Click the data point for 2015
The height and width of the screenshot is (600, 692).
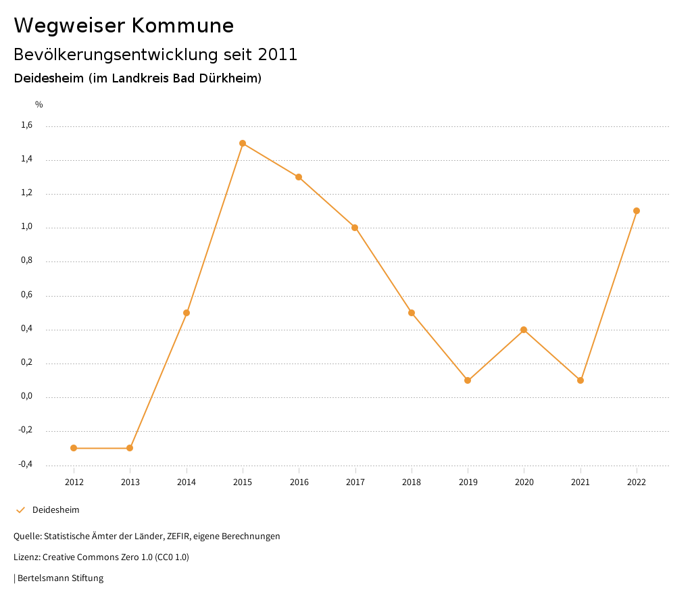click(243, 143)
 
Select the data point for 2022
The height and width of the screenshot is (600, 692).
click(637, 211)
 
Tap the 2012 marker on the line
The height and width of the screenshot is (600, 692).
click(74, 448)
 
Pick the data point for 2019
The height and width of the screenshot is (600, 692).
click(468, 380)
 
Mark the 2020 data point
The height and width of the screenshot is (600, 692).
click(524, 330)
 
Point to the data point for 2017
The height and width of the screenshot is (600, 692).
click(355, 228)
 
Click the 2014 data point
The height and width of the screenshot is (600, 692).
click(187, 313)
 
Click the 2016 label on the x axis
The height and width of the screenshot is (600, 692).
click(299, 482)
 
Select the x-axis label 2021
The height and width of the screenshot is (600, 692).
click(580, 482)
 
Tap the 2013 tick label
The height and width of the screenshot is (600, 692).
click(130, 482)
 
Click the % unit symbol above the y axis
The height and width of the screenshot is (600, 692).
click(39, 105)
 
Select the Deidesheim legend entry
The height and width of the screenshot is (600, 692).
click(55, 509)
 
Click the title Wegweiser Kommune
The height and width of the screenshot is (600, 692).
click(124, 26)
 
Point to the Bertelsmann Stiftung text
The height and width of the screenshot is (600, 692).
click(60, 578)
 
